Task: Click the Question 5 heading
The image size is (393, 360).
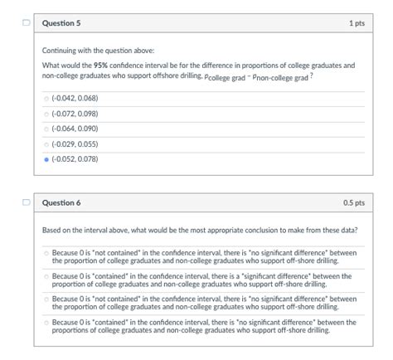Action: pos(61,23)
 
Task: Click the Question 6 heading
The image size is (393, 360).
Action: pos(61,202)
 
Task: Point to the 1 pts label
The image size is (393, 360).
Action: pos(357,23)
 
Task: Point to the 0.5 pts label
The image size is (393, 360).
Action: pos(354,202)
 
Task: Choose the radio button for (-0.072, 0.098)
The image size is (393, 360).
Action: pos(46,114)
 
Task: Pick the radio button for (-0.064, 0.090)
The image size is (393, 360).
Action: pos(46,129)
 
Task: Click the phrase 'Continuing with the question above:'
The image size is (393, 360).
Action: pos(87,51)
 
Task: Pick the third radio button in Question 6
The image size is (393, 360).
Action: pos(46,299)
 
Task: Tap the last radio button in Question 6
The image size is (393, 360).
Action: pos(46,322)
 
